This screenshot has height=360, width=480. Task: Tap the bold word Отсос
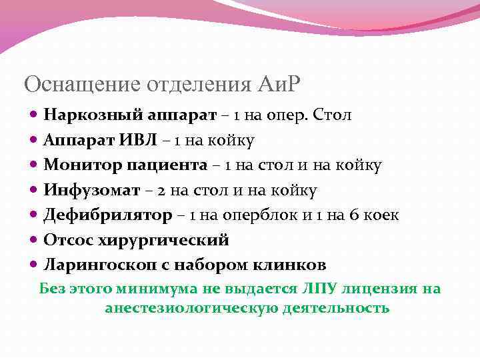[x=65, y=239]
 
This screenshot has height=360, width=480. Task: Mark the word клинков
[x=293, y=265]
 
